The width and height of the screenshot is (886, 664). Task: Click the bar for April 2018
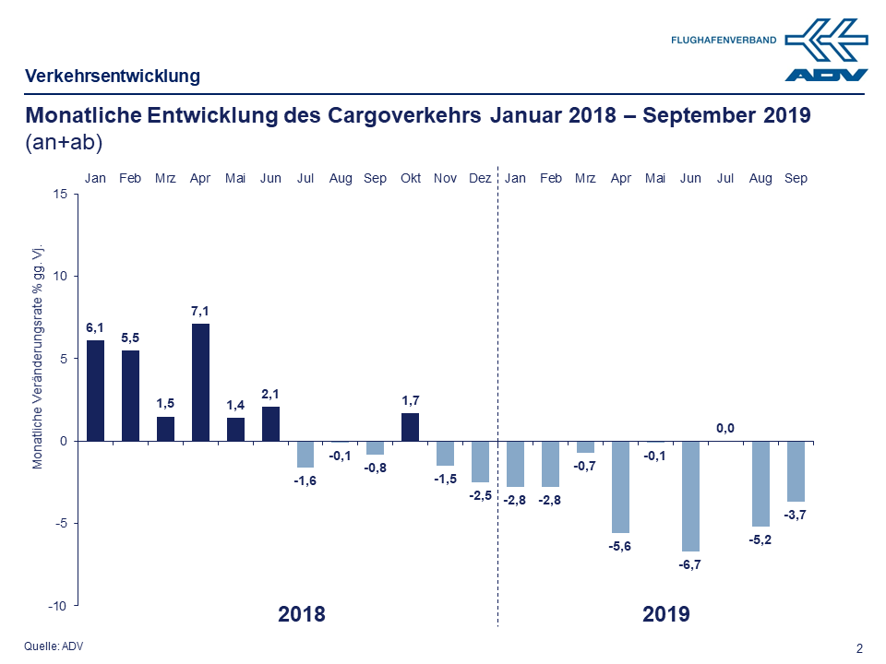tap(200, 382)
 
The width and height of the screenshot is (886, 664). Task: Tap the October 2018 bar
tap(411, 427)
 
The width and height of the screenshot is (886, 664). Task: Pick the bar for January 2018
tap(95, 390)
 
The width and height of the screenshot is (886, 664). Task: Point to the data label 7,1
tap(200, 312)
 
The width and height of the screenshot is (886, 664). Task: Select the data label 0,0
tap(725, 428)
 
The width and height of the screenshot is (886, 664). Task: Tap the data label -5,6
tap(620, 547)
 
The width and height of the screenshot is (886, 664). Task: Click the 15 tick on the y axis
tap(60, 194)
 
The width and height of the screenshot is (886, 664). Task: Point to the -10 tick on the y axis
tap(57, 606)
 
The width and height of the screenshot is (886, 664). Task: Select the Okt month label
tap(411, 178)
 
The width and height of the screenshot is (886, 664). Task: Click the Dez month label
tap(480, 178)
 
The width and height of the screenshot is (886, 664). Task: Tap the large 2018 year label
tap(302, 614)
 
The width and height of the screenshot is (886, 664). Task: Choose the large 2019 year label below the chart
tap(665, 614)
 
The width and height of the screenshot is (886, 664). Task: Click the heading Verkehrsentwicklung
tap(113, 77)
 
